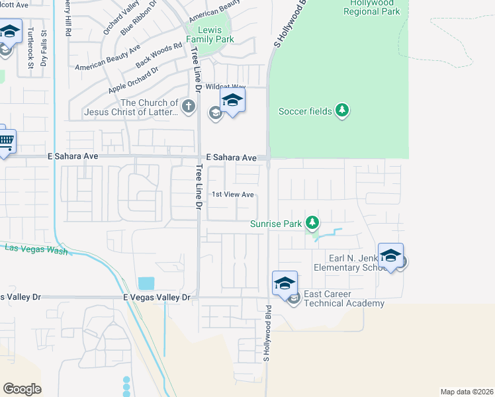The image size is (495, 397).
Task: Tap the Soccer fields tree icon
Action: (x=342, y=110)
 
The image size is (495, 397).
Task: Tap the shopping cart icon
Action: (x=5, y=140)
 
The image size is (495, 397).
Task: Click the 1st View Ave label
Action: (x=233, y=195)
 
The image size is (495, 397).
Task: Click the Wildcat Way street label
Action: (x=226, y=87)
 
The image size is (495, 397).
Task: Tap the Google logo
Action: (x=22, y=389)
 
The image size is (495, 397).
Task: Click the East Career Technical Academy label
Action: (x=343, y=298)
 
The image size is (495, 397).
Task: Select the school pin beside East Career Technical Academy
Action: (x=285, y=283)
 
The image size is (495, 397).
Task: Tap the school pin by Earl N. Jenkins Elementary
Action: (x=390, y=255)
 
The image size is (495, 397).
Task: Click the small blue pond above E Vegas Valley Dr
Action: (x=145, y=283)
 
